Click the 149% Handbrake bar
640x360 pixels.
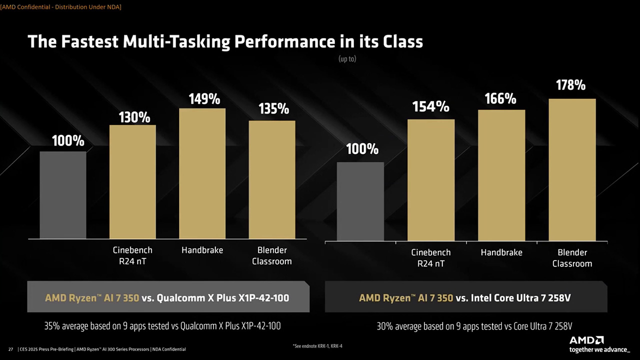[202, 173]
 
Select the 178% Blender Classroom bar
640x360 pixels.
[572, 170]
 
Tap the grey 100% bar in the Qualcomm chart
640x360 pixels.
[63, 195]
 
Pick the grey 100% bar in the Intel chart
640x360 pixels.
[360, 201]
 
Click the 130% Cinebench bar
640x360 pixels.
[132, 182]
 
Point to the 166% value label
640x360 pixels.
[500, 99]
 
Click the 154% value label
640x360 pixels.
[430, 106]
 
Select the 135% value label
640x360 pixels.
[273, 109]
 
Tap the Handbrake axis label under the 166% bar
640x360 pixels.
[501, 252]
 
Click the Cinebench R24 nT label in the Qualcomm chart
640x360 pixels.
[132, 255]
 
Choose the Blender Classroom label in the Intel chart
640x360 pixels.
[572, 257]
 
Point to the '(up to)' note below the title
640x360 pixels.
[347, 59]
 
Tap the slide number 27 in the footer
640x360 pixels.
[10, 349]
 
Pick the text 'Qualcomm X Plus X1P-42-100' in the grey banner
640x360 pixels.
[223, 298]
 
